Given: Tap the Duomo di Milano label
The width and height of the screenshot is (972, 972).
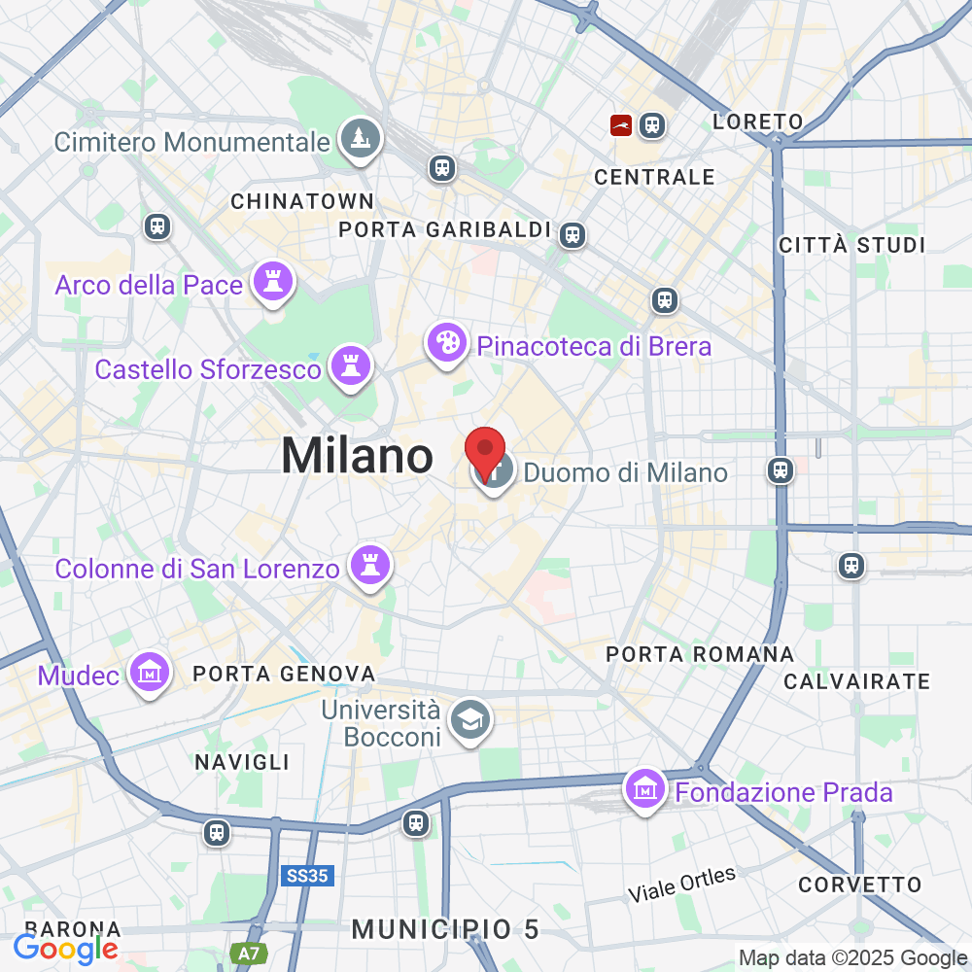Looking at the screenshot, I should click(625, 473).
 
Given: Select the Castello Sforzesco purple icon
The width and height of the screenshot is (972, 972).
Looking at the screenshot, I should click(350, 366).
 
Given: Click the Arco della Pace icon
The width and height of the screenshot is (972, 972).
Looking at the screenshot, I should click(272, 283).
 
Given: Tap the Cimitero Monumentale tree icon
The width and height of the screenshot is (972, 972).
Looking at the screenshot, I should click(361, 139).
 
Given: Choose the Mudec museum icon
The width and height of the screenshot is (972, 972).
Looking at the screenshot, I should click(151, 673).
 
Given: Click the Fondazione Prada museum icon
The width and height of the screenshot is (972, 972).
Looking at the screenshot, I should click(646, 790).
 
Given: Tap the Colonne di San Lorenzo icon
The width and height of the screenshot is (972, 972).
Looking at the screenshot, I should click(370, 565).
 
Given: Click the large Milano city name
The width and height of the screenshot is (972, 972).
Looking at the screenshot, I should click(357, 456).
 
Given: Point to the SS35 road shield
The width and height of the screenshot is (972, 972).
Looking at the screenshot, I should click(309, 876).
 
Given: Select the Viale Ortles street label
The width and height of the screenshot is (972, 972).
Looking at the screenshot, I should click(681, 883).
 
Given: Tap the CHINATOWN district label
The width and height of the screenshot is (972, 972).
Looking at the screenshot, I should click(302, 201).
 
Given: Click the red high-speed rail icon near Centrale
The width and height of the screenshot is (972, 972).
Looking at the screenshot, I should click(621, 124).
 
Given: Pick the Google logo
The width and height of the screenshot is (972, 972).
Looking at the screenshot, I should click(66, 948).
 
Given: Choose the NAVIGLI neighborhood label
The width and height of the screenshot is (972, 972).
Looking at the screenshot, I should click(242, 761).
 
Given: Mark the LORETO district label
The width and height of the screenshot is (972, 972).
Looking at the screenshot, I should click(757, 122).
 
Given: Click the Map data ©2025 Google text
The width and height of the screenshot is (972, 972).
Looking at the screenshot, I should click(851, 957).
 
